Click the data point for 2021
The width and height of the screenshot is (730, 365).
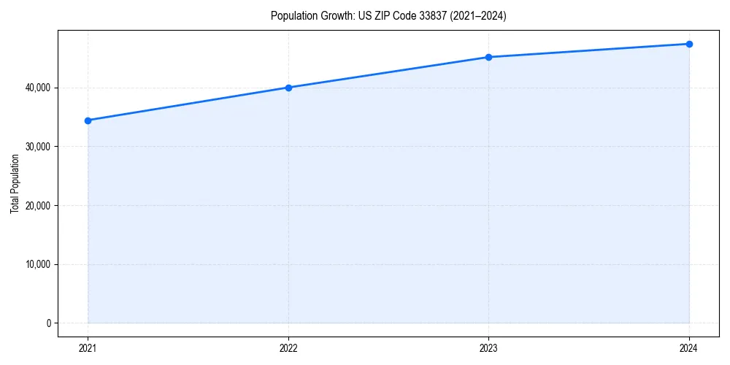pos(88,120)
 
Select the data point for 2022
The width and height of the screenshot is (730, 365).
pos(288,88)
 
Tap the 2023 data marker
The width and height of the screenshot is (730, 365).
pos(488,57)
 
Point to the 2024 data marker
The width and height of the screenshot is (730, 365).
pos(689,44)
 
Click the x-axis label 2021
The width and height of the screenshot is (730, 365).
pos(88,348)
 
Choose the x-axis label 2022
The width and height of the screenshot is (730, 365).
pos(288,348)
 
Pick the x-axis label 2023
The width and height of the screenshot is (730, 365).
pos(488,348)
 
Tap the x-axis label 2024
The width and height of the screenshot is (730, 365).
pos(689,348)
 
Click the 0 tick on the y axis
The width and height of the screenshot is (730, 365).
pos(49,323)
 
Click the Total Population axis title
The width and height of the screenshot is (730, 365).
pos(15,183)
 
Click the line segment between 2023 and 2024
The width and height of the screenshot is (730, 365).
pos(588,50)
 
